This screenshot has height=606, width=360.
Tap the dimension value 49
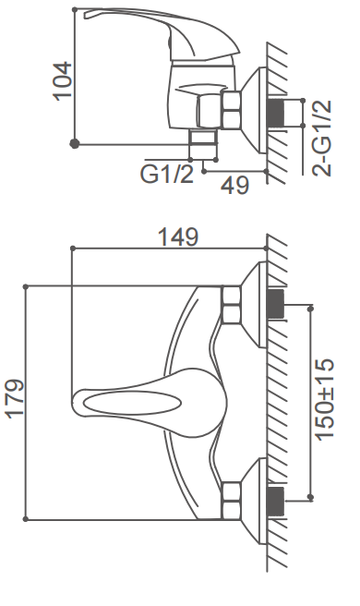pos(235,185)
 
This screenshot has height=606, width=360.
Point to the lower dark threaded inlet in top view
pos(276,502)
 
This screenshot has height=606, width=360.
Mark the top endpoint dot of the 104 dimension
pos(76,13)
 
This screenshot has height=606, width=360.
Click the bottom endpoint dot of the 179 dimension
pos(27,519)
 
